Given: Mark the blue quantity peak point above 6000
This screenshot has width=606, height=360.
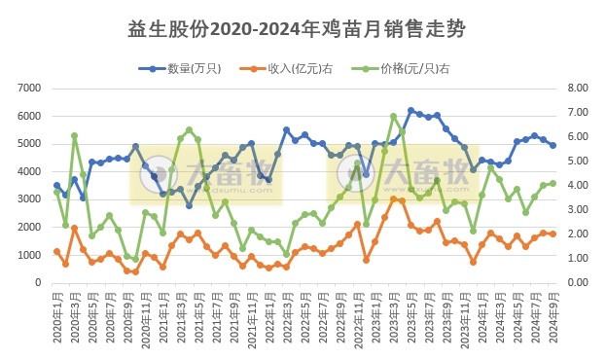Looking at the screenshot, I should pos(410,111).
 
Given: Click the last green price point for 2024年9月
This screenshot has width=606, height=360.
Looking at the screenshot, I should pos(553,183).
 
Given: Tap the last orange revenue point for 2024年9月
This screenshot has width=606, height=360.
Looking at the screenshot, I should pos(553,234).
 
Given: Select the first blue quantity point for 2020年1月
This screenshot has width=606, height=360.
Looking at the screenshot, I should pos(56,185).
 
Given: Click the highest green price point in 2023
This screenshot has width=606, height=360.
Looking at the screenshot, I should pos(393,117).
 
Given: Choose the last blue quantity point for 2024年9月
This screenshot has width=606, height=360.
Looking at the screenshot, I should pos(553,145).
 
